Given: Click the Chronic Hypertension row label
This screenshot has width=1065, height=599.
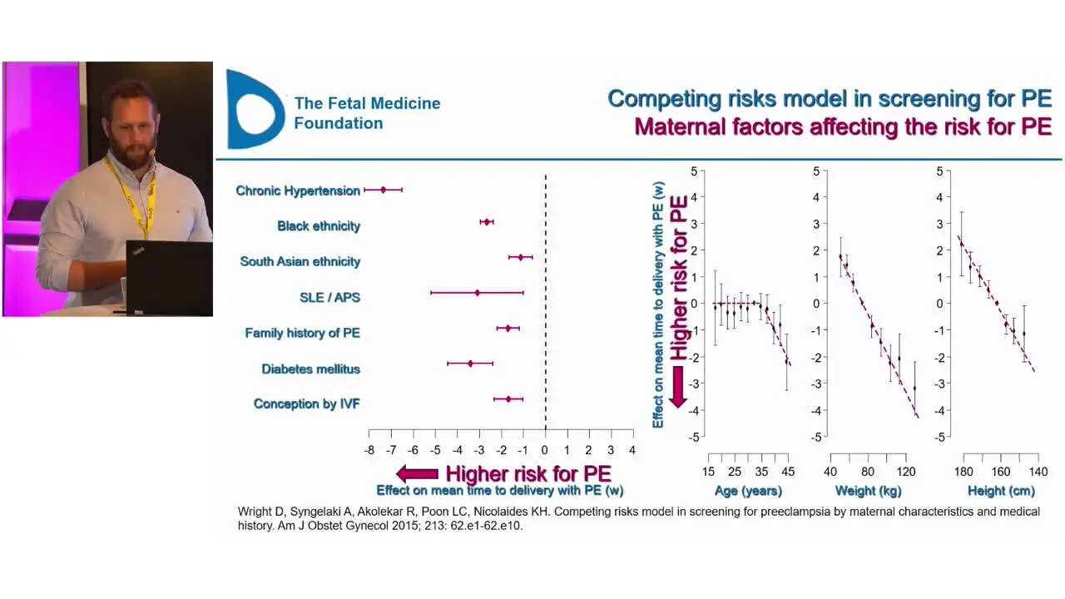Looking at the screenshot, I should pyautogui.click(x=298, y=191).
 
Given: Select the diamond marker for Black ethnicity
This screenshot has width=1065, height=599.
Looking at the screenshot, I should pyautogui.click(x=487, y=221).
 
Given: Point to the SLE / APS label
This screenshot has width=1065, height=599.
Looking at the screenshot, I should pyautogui.click(x=329, y=297).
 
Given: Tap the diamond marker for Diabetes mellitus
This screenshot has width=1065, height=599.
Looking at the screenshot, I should pyautogui.click(x=470, y=364).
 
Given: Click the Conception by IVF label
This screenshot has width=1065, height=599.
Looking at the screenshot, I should pyautogui.click(x=306, y=403).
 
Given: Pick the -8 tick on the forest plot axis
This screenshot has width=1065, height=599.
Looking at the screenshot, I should pyautogui.click(x=369, y=450).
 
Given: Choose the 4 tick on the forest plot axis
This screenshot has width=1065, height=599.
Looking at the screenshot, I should pyautogui.click(x=632, y=450).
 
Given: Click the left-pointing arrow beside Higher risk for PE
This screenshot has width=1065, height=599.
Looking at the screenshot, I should pyautogui.click(x=417, y=474).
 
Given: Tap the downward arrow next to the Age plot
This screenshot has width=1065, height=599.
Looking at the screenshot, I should pyautogui.click(x=678, y=386).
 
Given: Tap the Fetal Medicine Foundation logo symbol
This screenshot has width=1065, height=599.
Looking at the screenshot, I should pyautogui.click(x=254, y=110).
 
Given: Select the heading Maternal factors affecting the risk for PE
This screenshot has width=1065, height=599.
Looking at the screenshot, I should pyautogui.click(x=842, y=126).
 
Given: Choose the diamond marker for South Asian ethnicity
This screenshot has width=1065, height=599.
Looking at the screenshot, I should pyautogui.click(x=521, y=257).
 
